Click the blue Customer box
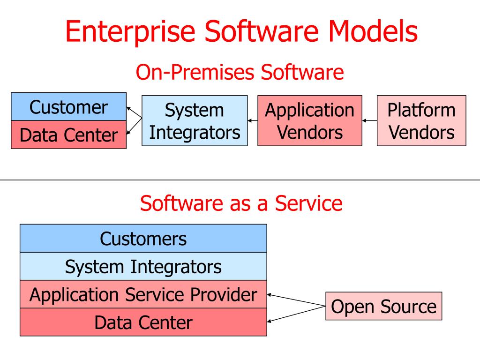[68, 107]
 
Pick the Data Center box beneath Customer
[68, 135]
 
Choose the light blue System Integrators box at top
[195, 121]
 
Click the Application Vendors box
[310, 121]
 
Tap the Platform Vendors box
[421, 121]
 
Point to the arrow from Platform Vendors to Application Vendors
[370, 121]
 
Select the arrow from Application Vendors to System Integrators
[253, 121]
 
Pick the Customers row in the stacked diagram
[143, 239]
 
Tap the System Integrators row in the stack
[143, 267]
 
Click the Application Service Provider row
[143, 294]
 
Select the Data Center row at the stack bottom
[143, 322]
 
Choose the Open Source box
[383, 307]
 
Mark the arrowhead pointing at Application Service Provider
[270, 295]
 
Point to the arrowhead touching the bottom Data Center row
[270, 322]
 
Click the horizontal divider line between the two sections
[240, 180]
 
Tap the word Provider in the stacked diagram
[226, 294]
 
